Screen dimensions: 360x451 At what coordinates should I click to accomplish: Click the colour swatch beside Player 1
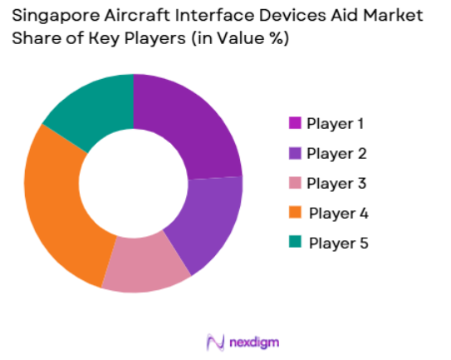(294, 123)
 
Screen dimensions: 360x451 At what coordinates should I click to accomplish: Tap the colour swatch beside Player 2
(294, 153)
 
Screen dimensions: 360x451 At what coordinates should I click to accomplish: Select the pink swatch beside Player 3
(294, 183)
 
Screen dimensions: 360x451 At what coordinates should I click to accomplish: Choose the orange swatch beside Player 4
(294, 213)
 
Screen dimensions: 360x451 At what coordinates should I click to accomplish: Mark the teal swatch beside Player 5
(294, 243)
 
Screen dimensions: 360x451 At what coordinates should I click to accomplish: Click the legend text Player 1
(336, 123)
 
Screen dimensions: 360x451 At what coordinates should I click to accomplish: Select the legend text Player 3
(336, 183)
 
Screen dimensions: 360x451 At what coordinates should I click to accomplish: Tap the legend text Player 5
(338, 243)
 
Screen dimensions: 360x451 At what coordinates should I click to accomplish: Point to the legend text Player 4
(338, 213)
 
